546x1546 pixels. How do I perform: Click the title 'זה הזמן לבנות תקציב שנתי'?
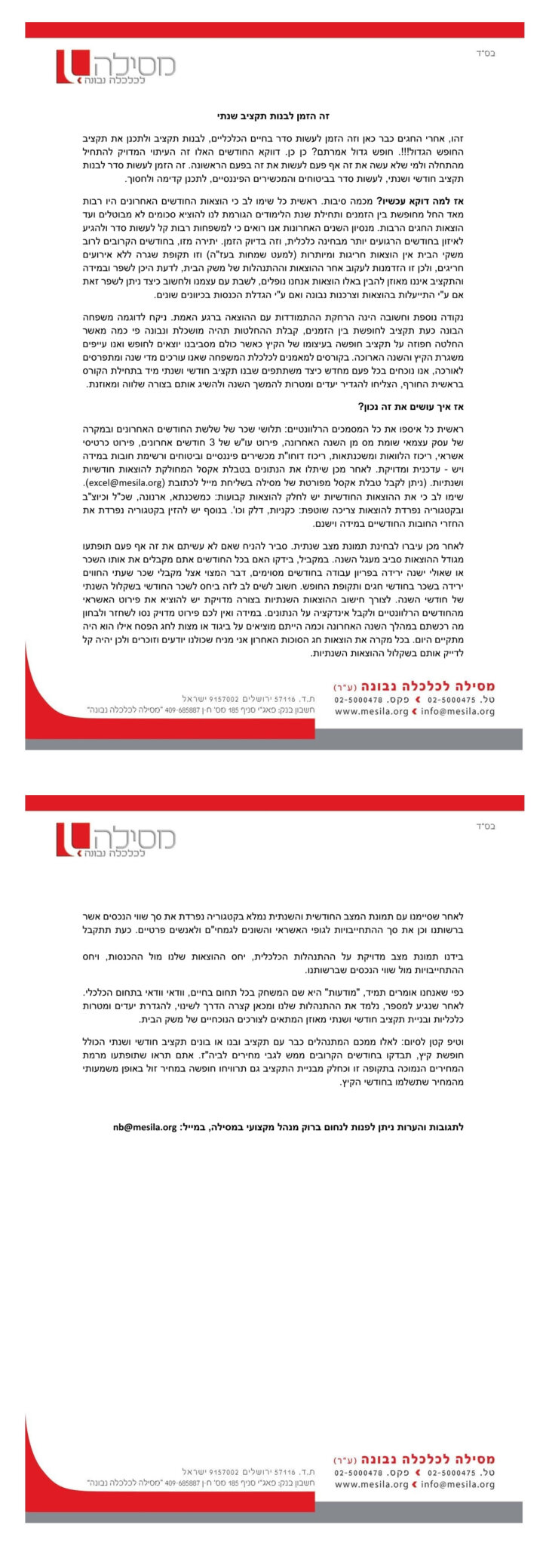[274, 116]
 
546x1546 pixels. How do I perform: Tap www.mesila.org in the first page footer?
[371, 711]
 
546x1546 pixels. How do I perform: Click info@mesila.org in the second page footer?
[458, 1484]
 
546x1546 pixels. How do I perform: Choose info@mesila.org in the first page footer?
[458, 711]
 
